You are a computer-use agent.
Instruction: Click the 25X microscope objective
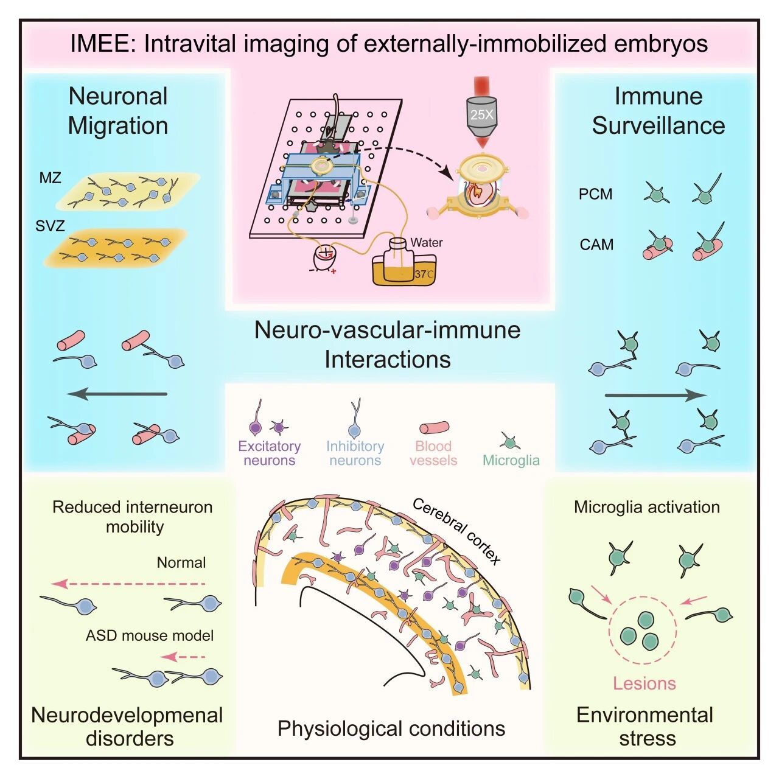(x=481, y=112)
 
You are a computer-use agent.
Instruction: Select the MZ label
(x=51, y=178)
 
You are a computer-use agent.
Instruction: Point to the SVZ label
(x=50, y=226)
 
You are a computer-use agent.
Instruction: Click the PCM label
(x=596, y=194)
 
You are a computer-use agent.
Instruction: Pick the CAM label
(x=596, y=245)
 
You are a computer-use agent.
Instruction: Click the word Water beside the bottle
(x=427, y=242)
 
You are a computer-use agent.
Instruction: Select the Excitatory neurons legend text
(x=269, y=453)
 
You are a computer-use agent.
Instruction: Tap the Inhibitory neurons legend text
(x=355, y=453)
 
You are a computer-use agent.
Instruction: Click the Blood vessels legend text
(x=433, y=453)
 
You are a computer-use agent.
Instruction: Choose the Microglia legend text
(x=511, y=460)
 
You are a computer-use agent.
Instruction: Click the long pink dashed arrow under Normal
(x=128, y=584)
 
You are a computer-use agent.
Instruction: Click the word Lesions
(x=644, y=683)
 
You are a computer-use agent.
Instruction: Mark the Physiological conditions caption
(x=391, y=728)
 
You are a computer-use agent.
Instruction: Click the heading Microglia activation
(x=646, y=507)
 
